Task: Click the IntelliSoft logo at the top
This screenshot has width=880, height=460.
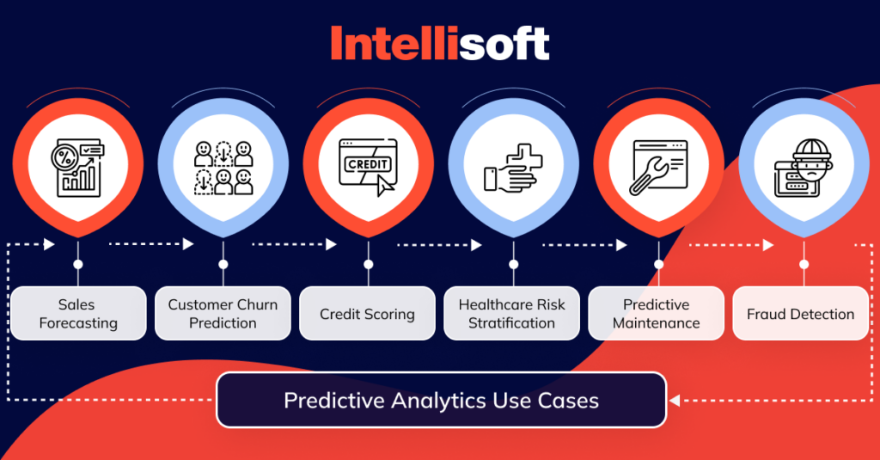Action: click(x=440, y=43)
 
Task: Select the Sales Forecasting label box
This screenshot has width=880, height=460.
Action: click(x=77, y=314)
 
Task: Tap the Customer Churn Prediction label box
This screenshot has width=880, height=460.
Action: click(x=223, y=314)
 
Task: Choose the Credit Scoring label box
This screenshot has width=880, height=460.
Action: click(x=367, y=314)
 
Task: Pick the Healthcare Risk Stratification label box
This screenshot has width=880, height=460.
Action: click(x=512, y=314)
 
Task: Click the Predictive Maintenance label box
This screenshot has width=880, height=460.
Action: click(x=657, y=314)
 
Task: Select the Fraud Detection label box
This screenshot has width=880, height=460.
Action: click(x=801, y=314)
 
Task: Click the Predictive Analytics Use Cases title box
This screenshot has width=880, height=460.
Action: click(x=441, y=400)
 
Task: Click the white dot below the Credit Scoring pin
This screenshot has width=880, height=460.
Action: click(x=368, y=265)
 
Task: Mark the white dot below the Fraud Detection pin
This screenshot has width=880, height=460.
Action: click(x=804, y=265)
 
